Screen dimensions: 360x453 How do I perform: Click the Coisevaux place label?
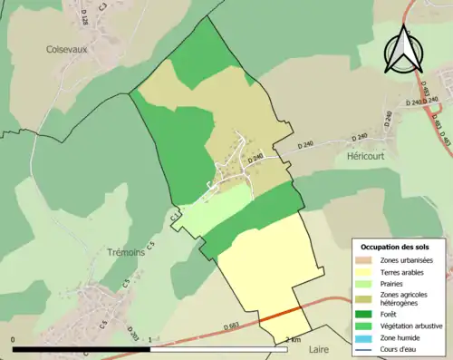tap(67, 51)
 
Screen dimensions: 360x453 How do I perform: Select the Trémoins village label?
tap(125, 253)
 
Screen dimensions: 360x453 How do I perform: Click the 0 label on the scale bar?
tap(14, 339)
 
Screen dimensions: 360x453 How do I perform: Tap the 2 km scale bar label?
tap(293, 339)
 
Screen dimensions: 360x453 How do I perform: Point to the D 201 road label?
tap(133, 333)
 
